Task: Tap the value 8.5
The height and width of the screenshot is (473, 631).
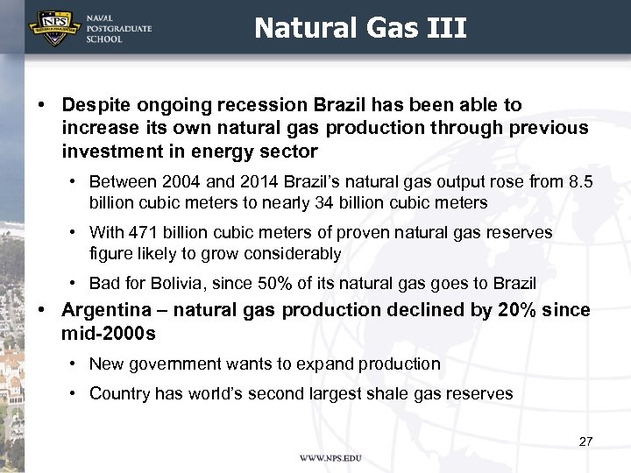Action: pyautogui.click(x=579, y=182)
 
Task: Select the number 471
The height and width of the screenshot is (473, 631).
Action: pyautogui.click(x=141, y=233)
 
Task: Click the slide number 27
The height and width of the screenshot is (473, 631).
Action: pyautogui.click(x=585, y=441)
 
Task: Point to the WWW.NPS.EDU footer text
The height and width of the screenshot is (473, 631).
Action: pyautogui.click(x=330, y=458)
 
